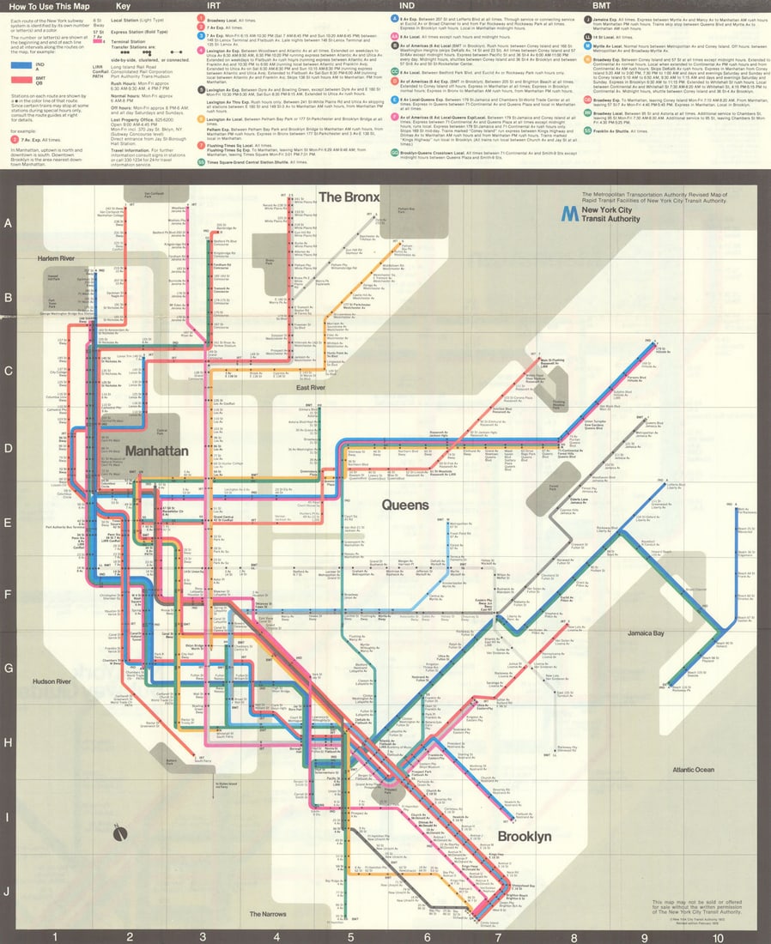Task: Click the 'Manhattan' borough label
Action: tap(156, 451)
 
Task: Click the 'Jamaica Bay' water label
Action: tap(645, 633)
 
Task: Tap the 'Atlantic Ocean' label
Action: tap(693, 770)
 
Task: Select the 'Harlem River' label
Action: tap(56, 257)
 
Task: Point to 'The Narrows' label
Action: tap(267, 914)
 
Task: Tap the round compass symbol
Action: tap(119, 833)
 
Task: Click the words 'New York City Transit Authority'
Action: tap(610, 215)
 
